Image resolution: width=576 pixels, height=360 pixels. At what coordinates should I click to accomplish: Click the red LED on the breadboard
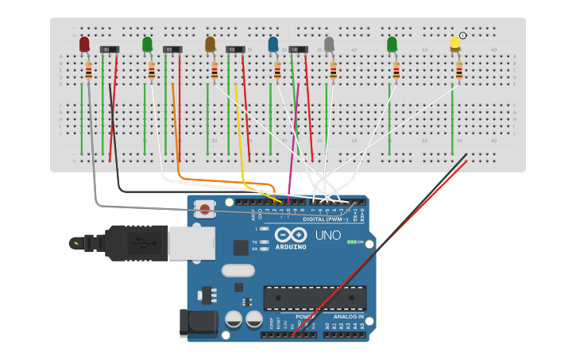tap(84, 45)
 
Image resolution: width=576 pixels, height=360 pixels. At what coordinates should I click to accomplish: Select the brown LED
tap(210, 44)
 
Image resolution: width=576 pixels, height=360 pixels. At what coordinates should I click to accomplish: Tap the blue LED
tap(273, 44)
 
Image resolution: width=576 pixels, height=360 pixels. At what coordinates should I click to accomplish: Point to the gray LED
tap(329, 44)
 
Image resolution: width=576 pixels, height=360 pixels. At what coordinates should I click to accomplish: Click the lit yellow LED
tap(455, 43)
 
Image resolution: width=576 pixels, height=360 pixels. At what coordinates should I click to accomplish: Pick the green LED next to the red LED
tap(147, 44)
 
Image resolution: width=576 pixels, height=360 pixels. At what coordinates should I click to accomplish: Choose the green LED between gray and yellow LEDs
tap(392, 44)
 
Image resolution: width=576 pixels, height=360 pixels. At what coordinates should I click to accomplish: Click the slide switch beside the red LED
tap(110, 49)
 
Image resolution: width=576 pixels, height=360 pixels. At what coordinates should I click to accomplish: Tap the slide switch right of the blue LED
tap(299, 49)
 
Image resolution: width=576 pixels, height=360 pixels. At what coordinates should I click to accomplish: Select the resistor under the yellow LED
tap(459, 72)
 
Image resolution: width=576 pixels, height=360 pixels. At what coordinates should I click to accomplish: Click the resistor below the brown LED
tap(214, 72)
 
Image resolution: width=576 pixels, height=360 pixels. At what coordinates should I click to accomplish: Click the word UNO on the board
tap(328, 236)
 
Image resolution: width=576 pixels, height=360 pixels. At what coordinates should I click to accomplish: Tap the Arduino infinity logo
tap(291, 235)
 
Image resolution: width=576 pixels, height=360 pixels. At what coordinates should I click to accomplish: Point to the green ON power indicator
tap(355, 242)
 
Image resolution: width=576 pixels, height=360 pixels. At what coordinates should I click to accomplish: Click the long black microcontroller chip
tap(315, 298)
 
